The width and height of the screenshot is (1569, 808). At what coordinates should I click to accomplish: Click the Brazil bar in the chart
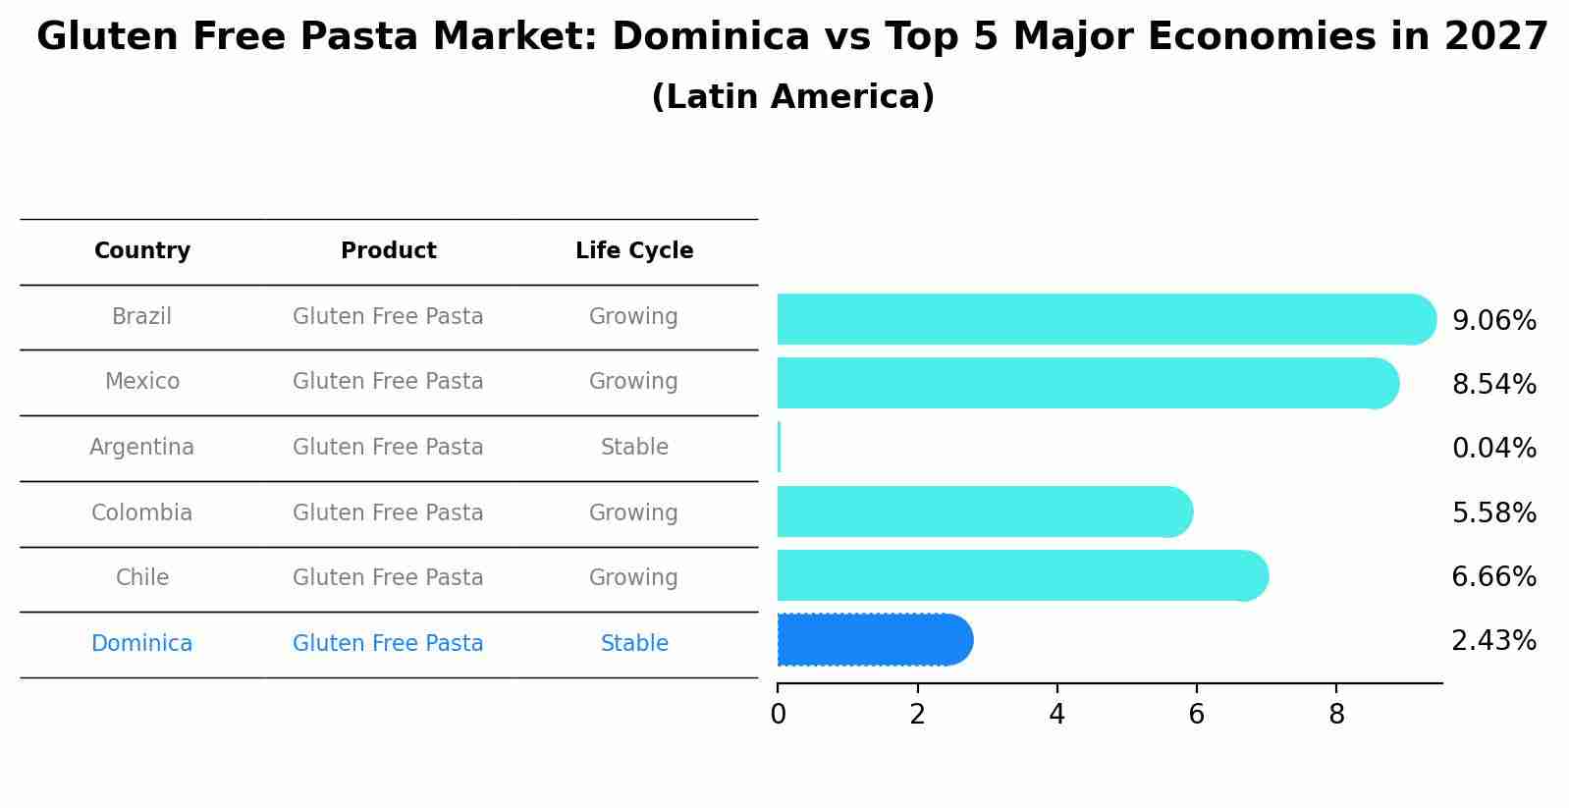[x=1100, y=319]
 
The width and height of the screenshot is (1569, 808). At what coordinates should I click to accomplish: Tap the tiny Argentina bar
[x=779, y=448]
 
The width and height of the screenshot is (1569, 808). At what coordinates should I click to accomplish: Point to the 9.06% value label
[x=1493, y=321]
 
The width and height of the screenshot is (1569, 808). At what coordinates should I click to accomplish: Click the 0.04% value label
[x=1493, y=449]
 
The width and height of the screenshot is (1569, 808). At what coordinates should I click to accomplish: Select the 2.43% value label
[x=1493, y=641]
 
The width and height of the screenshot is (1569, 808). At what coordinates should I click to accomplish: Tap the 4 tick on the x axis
[x=1056, y=715]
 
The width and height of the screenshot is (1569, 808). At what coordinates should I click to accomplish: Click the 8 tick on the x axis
[x=1336, y=715]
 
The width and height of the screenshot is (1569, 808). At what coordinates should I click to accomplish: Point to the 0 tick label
[x=778, y=715]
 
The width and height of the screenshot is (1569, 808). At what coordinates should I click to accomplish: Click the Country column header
[x=142, y=251]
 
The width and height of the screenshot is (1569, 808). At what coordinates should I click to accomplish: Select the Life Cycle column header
[x=634, y=251]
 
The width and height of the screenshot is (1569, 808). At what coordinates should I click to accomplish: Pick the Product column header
[x=388, y=251]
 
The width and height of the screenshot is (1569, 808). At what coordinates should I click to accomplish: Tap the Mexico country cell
[x=142, y=382]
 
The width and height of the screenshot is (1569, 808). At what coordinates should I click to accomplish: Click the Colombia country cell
[x=142, y=513]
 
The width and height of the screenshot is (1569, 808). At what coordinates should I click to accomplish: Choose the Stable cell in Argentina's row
[x=634, y=448]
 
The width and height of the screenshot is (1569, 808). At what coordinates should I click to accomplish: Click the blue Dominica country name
[x=142, y=644]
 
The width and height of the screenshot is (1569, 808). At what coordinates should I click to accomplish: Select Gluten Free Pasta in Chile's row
[x=388, y=578]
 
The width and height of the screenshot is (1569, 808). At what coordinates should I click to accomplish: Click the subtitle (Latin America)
[x=792, y=97]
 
